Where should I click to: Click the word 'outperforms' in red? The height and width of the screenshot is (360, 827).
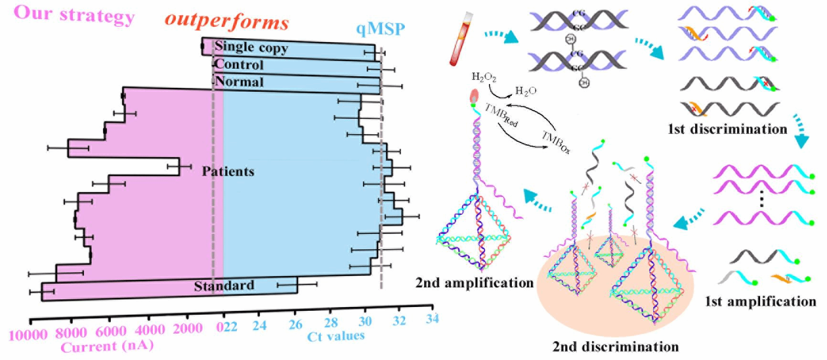click(227, 21)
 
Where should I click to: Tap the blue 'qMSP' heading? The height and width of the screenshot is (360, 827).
click(381, 30)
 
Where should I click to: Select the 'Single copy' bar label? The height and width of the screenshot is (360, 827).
click(251, 47)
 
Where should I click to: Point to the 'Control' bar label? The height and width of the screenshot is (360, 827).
click(239, 64)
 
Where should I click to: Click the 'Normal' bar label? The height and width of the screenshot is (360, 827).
click(239, 82)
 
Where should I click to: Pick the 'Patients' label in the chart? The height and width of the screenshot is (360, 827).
click(228, 171)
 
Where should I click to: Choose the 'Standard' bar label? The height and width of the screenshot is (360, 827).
click(224, 286)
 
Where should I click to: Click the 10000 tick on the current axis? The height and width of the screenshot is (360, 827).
click(28, 335)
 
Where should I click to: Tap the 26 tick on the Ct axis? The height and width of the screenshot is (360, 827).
click(296, 325)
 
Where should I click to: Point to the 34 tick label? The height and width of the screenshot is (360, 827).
click(432, 318)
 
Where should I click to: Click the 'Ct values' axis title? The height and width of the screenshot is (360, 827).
click(336, 336)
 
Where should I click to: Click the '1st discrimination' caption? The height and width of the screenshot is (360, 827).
click(727, 129)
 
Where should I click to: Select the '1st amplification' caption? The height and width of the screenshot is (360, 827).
click(760, 301)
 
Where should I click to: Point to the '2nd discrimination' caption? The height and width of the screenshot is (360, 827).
click(615, 347)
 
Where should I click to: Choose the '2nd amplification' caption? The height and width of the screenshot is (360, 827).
click(474, 283)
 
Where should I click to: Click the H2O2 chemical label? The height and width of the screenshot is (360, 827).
click(484, 76)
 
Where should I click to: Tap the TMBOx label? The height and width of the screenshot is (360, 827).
click(556, 142)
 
